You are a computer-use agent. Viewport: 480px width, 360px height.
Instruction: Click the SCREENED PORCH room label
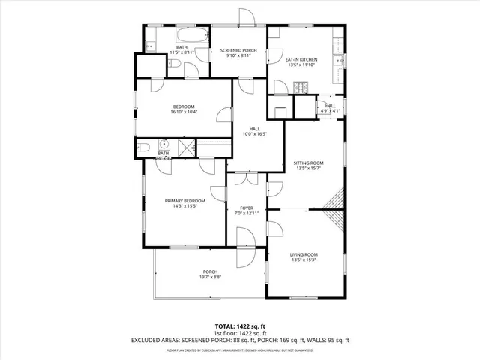pyautogui.click(x=238, y=50)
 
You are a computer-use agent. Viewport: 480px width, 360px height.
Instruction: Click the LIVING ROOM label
pyautogui.click(x=304, y=255)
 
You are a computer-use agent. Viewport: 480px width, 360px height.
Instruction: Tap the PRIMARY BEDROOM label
pyautogui.click(x=184, y=200)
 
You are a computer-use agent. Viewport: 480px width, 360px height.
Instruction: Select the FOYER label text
pyautogui.click(x=246, y=208)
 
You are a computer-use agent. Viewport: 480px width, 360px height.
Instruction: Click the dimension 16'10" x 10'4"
pyautogui.click(x=183, y=112)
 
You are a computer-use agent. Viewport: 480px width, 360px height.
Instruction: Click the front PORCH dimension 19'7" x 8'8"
pyautogui.click(x=209, y=277)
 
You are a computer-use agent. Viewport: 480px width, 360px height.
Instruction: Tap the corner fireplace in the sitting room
pyautogui.click(x=335, y=200)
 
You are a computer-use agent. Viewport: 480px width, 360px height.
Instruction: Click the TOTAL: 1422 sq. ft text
pyautogui.click(x=240, y=325)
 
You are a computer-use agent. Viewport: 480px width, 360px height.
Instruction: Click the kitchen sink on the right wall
pyautogui.click(x=339, y=60)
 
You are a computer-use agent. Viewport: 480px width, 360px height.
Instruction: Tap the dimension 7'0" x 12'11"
pyautogui.click(x=246, y=213)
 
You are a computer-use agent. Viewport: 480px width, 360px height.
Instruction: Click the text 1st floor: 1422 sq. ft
pyautogui.click(x=240, y=332)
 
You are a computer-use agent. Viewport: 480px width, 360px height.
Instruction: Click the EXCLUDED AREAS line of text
pyautogui.click(x=240, y=340)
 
